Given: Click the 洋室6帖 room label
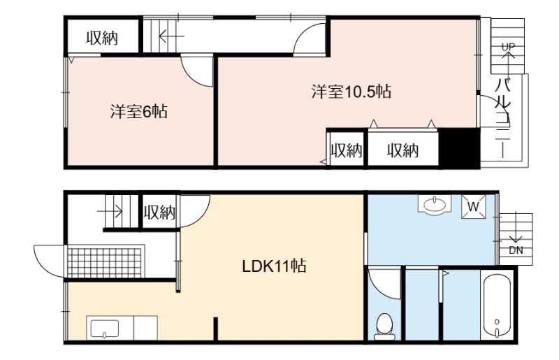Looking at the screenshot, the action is [138, 112].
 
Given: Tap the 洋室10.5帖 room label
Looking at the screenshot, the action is [351, 92].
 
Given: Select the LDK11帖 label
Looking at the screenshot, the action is [274, 266].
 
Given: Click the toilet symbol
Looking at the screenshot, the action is [384, 327].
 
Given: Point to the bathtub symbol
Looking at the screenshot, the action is [497, 305].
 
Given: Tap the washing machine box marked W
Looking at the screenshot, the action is [474, 207].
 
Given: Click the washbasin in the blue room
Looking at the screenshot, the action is [434, 204].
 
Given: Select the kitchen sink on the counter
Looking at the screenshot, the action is [104, 329].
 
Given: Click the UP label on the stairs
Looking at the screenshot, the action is [509, 47].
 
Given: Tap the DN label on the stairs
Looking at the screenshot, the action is [516, 250].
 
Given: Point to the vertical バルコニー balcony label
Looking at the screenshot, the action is [502, 118].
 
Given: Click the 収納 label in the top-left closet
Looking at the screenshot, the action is [102, 38].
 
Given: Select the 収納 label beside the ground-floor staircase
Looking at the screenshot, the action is [159, 213].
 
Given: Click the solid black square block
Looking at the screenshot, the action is [459, 147].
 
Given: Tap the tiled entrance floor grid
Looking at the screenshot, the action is [106, 261].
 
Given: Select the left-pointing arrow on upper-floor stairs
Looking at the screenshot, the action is [171, 36].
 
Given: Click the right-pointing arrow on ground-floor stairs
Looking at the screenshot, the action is [110, 212].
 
